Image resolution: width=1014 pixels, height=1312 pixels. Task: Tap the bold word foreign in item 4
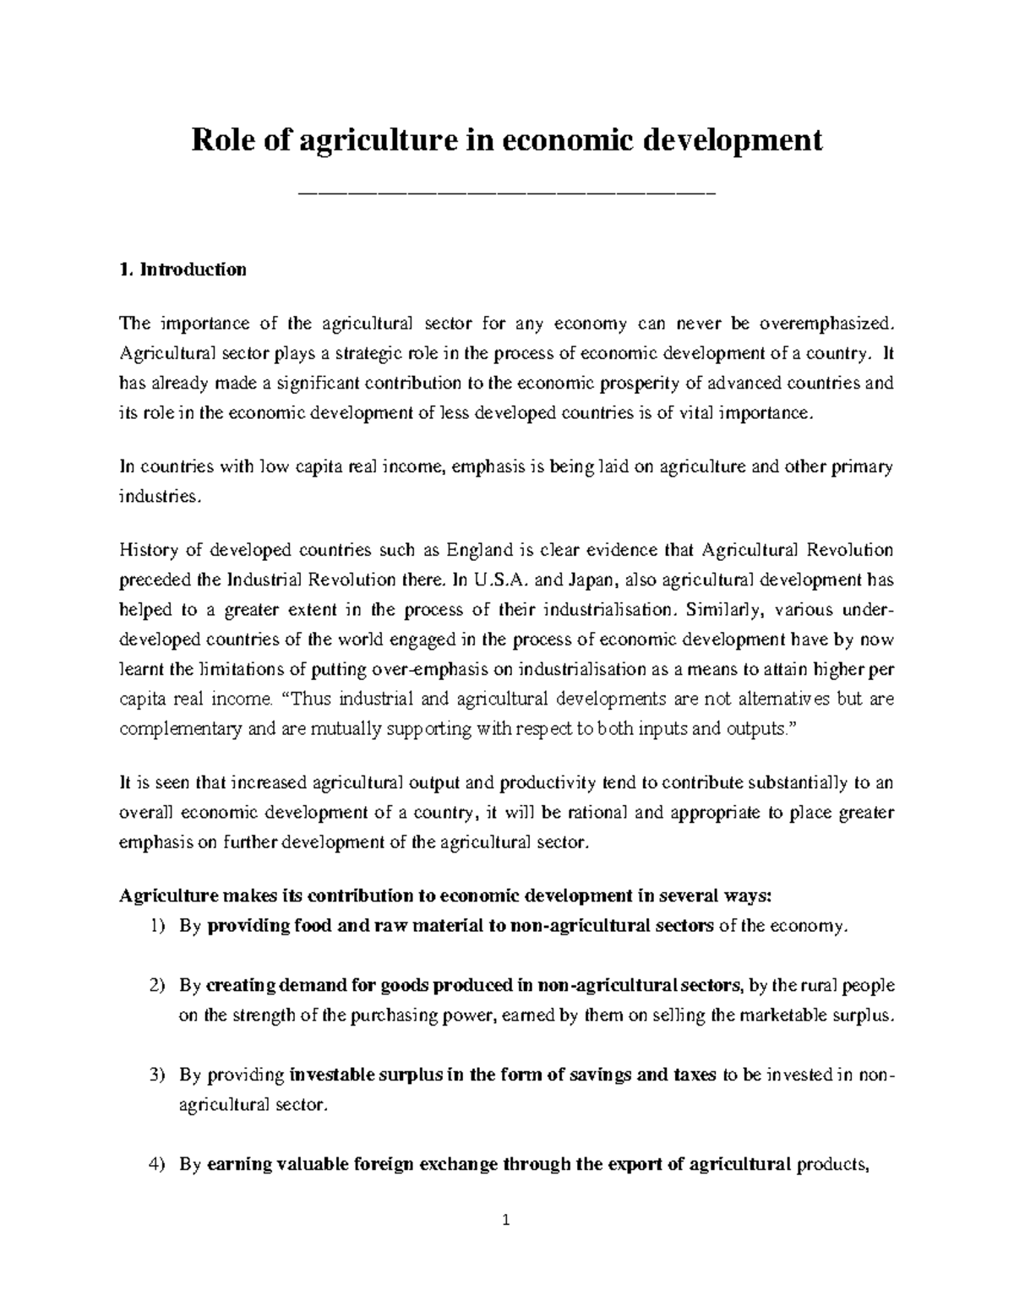[377, 1164]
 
